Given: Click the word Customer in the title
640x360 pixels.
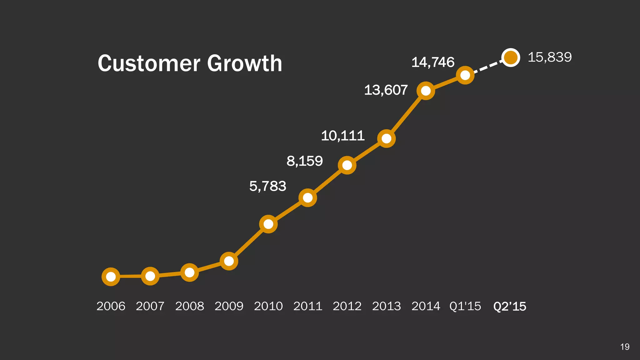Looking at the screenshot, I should coord(149,63).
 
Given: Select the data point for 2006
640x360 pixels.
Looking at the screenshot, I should coord(111,277).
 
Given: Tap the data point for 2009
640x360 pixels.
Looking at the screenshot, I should coord(229,261).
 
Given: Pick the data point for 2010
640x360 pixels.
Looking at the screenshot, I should coord(268,224).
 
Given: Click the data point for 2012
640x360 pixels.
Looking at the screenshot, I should coord(347,165).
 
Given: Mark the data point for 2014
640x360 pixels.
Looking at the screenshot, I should coord(426,91).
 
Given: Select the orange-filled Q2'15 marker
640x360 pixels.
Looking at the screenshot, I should coord(511,57).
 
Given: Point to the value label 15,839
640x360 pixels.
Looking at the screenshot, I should coord(550,57).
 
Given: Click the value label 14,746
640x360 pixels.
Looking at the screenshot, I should coord(433,62).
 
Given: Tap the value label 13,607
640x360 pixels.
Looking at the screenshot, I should coord(386,90).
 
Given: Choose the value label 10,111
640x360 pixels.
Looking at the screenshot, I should coord(343,136).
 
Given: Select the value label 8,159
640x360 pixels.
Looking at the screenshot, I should coord(305,161).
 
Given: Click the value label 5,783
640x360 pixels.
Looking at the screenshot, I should coord(268,186).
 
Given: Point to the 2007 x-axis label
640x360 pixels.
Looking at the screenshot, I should coord(150,306).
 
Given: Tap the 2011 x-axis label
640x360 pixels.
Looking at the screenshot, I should coord(308,306).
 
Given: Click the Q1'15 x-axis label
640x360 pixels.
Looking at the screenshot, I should coord(465,306).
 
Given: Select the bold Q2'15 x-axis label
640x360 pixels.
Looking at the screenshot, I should coord(510,306).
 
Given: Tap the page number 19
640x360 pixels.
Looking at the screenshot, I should coord(625,347).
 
